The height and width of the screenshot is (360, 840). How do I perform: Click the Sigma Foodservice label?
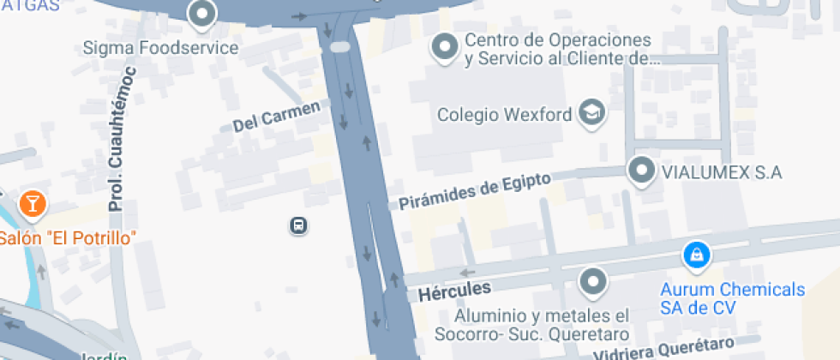tap(159, 48)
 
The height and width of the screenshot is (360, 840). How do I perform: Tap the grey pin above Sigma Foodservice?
tap(201, 13)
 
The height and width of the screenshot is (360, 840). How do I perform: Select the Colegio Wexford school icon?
tap(592, 111)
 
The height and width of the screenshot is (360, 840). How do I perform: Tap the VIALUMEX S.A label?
tap(721, 172)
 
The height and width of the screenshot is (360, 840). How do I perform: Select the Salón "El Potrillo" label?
tap(68, 237)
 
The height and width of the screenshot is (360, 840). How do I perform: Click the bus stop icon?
tap(298, 225)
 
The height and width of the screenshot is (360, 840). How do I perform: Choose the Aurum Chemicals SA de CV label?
tap(733, 298)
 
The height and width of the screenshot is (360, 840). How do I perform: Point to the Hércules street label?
tap(454, 291)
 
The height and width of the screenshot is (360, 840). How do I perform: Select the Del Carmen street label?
tap(281, 117)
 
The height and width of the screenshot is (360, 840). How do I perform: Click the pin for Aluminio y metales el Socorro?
tap(592, 279)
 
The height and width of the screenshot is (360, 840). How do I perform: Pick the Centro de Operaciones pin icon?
tap(445, 47)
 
